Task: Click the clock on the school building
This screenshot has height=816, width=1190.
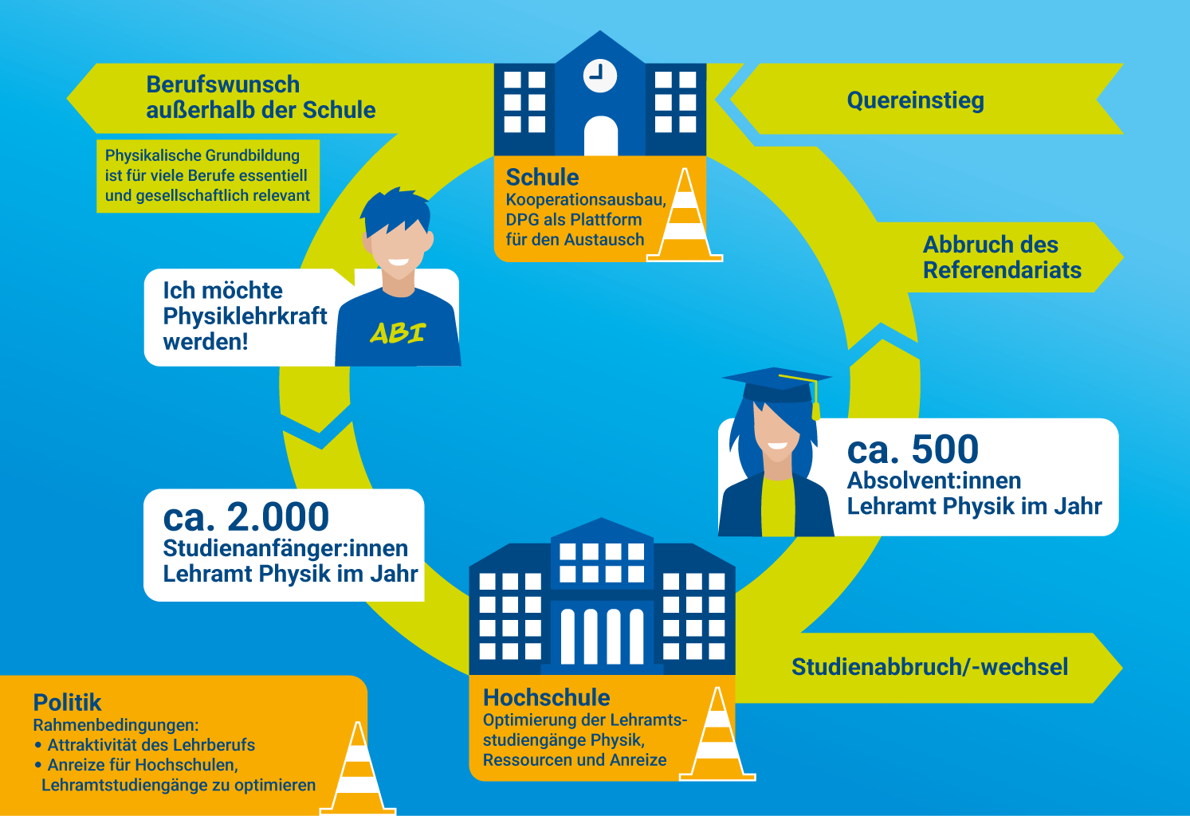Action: point(599,76)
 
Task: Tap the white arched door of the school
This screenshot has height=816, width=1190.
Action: point(601,135)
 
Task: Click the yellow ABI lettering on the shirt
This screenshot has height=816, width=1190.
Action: point(398,333)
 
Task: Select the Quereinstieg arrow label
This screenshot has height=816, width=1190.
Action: point(915,100)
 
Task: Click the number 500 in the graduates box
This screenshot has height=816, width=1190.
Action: point(945,449)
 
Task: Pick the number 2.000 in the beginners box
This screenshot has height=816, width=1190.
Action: point(278,516)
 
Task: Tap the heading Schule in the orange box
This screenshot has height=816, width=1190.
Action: point(543,178)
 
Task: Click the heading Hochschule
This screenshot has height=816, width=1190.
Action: point(546,697)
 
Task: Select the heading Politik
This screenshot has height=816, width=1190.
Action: point(67,702)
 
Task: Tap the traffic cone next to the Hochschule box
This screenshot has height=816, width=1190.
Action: point(717,734)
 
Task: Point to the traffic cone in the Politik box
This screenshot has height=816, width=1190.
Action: point(358,768)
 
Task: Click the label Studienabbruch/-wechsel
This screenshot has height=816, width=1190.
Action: point(929,667)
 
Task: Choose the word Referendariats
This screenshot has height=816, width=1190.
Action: point(1002,270)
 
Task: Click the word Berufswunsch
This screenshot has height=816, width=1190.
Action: point(223,84)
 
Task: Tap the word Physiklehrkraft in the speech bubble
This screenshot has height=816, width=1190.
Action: point(245,316)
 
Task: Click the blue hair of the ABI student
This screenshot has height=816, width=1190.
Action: point(396,210)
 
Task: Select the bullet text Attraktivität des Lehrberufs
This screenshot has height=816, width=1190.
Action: point(151,745)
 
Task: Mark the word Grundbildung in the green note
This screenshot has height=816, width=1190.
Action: point(253,155)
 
